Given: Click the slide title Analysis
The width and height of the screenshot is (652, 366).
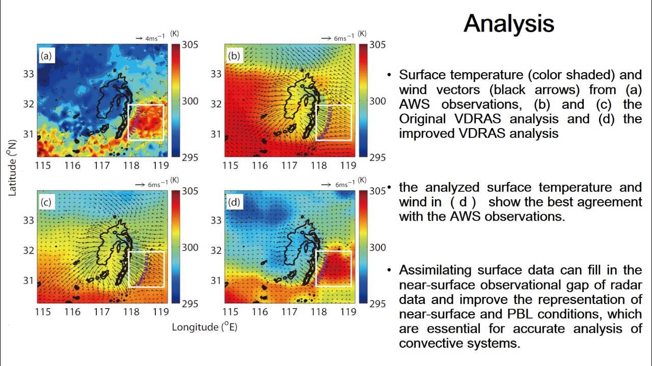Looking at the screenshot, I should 508,23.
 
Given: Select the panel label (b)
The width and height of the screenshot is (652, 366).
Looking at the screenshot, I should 234,56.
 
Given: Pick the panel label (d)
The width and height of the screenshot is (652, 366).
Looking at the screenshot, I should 234,202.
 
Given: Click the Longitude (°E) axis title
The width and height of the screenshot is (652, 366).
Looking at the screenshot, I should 204,327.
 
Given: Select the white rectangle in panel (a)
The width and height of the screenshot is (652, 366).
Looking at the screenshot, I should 146,122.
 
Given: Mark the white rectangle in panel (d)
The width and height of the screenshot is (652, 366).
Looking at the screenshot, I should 334,268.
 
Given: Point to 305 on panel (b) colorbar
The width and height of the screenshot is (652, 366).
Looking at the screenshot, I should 377,45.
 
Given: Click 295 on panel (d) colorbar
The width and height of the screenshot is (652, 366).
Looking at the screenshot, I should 377,304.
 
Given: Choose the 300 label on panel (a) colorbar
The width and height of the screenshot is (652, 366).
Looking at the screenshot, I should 190,101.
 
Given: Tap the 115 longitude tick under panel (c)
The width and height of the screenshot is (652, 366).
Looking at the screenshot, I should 43,312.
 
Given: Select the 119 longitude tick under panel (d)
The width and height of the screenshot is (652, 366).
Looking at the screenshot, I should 348,312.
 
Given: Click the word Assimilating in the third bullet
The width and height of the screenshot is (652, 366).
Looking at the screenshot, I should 433,270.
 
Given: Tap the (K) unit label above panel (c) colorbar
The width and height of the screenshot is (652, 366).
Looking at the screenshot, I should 174,180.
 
